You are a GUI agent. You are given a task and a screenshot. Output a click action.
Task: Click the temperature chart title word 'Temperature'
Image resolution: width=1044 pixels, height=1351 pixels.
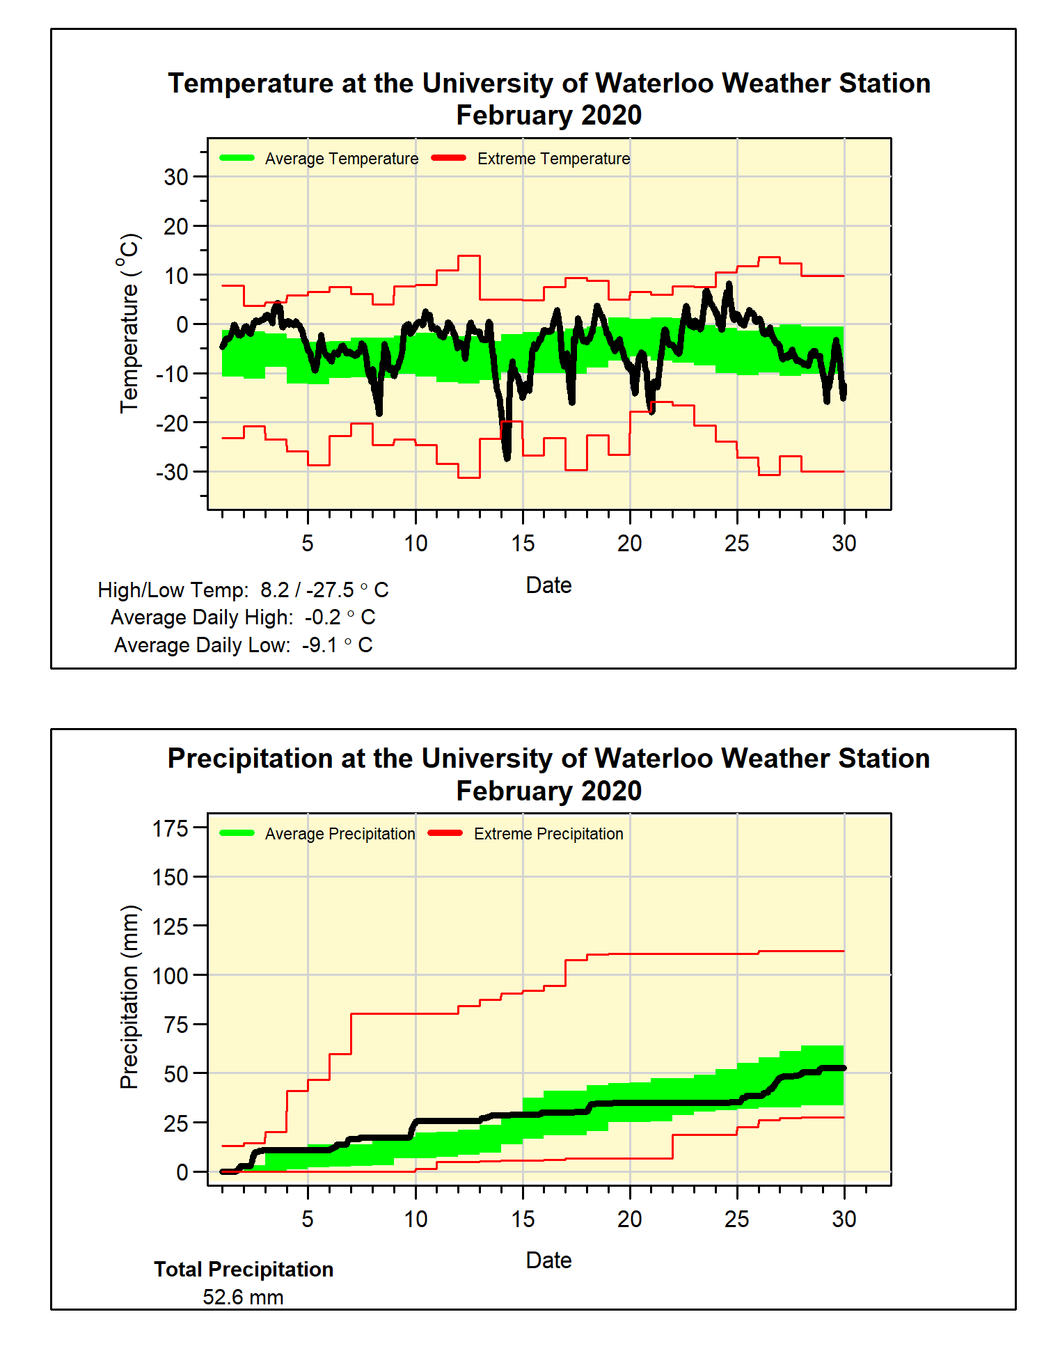[251, 84]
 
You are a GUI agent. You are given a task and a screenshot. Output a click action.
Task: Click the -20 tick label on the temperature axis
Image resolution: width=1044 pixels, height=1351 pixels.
[172, 423]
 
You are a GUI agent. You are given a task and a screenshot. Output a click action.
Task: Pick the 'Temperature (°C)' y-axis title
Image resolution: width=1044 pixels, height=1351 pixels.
[129, 323]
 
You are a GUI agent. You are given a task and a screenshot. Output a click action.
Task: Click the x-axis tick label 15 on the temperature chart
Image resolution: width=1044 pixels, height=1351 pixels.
[523, 544]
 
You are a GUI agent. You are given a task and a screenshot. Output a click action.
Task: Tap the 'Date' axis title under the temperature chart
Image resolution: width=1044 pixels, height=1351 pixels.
[548, 585]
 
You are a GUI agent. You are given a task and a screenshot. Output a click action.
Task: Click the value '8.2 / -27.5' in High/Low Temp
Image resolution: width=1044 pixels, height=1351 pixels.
[307, 590]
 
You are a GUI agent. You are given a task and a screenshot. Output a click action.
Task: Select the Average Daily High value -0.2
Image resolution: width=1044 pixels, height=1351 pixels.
[322, 617]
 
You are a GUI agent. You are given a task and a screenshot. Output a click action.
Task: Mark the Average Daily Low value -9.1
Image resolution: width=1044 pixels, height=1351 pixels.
[319, 645]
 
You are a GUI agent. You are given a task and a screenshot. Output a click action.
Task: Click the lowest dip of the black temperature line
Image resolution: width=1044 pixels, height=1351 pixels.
[507, 457]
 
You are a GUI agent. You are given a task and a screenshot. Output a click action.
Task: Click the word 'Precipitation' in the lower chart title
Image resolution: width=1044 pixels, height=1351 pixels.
[251, 759]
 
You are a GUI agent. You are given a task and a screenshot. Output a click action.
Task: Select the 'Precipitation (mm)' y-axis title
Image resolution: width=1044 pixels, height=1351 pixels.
[129, 997]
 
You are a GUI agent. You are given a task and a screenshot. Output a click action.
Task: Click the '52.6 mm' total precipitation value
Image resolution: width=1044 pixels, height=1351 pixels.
[243, 1297]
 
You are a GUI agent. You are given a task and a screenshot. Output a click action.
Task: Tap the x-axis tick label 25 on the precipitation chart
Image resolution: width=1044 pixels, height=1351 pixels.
[736, 1219]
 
